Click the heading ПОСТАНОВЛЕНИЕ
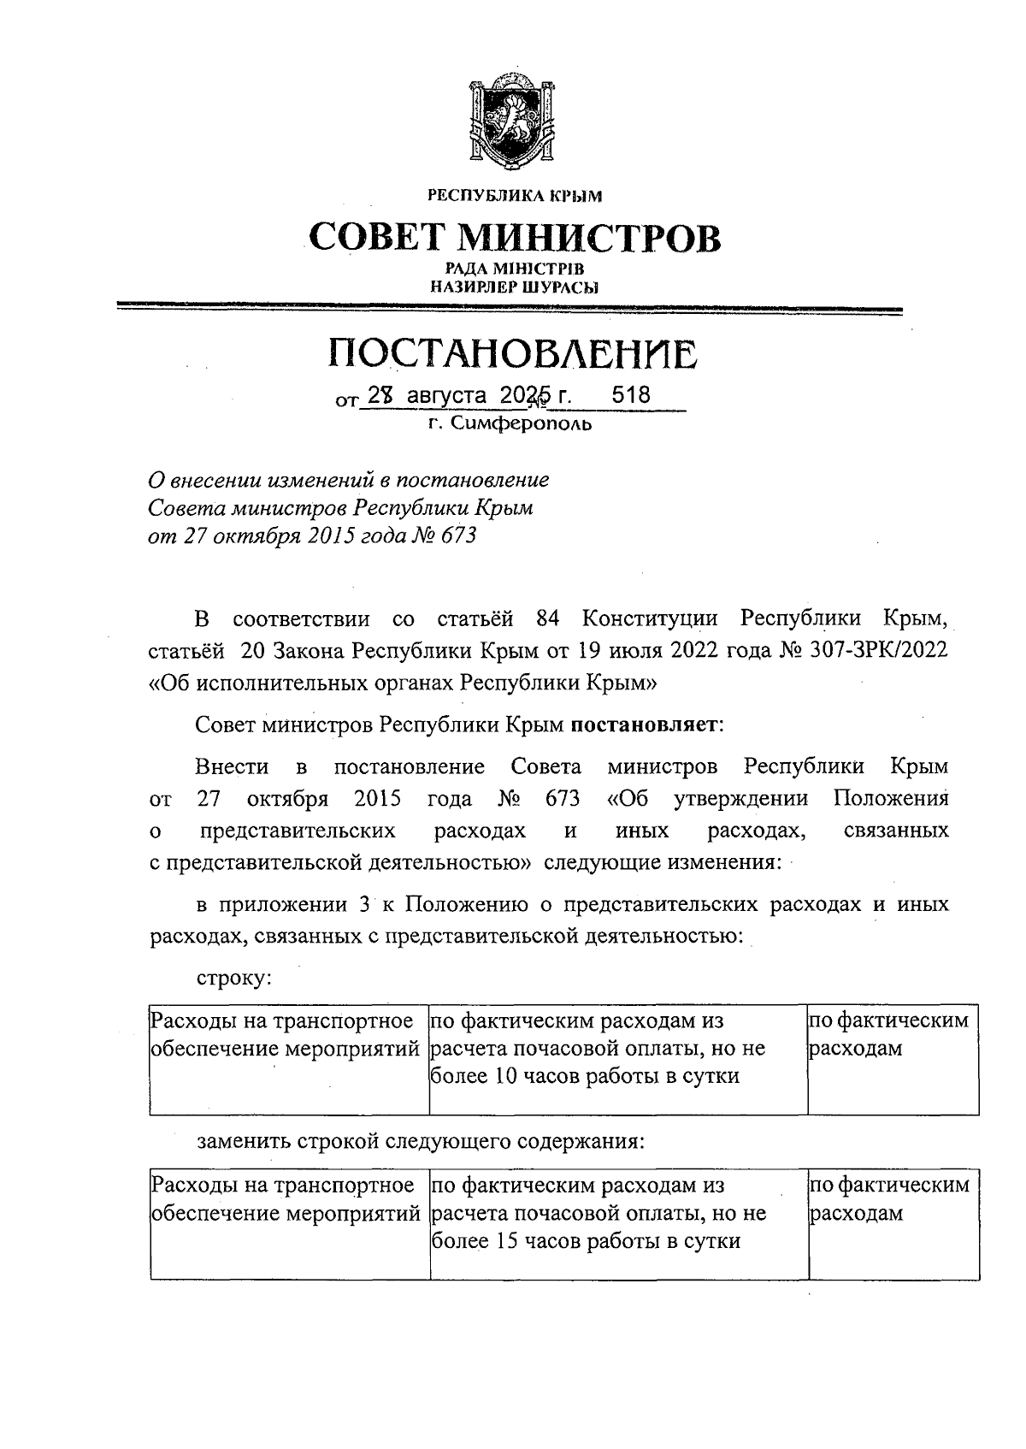[x=514, y=354]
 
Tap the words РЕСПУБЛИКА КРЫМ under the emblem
[x=515, y=197]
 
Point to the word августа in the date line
[x=446, y=396]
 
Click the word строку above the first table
[x=233, y=977]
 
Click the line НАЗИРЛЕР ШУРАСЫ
[x=514, y=287]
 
